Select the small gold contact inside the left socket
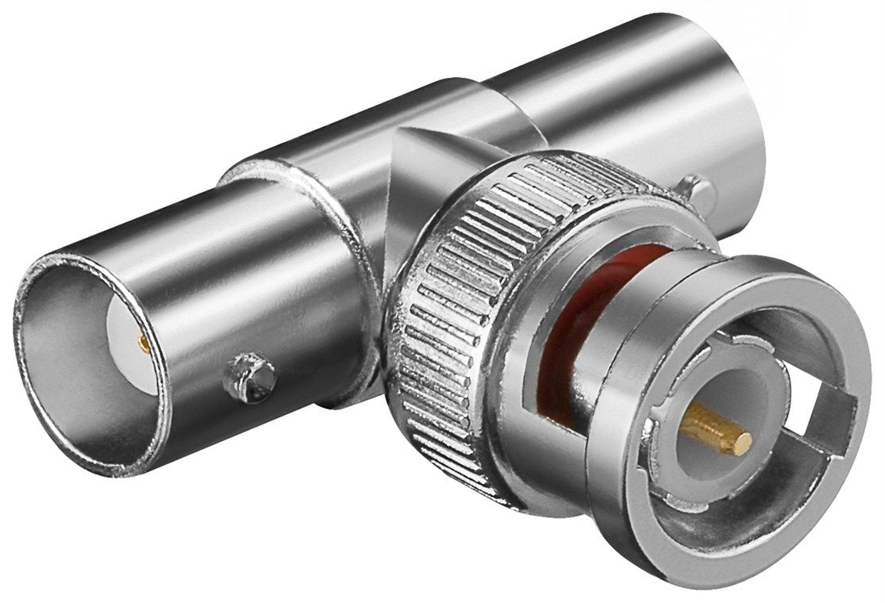coord(144,344)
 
